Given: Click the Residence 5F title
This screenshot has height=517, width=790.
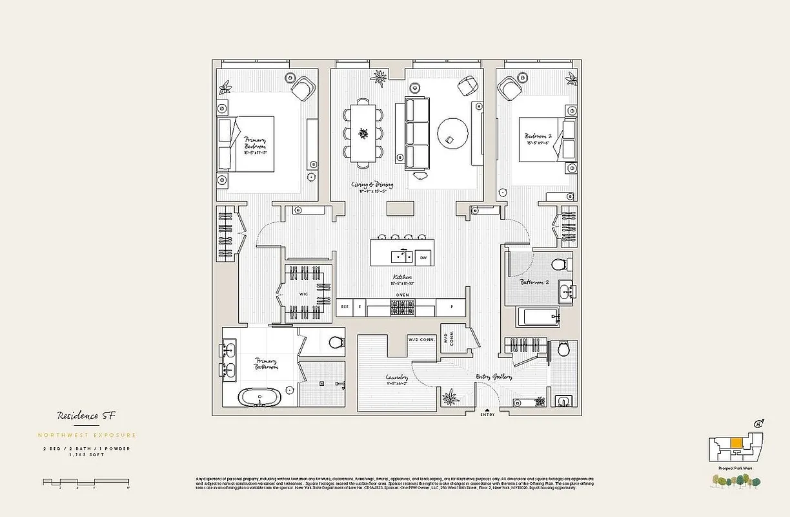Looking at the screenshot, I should (x=82, y=416).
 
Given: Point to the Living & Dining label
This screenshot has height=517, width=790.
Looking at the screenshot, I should (x=371, y=185).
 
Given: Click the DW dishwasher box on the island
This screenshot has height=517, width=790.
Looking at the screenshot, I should (x=423, y=257).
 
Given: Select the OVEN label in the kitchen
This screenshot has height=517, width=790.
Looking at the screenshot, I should (x=402, y=295).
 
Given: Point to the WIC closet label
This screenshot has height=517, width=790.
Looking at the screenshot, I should (x=304, y=294).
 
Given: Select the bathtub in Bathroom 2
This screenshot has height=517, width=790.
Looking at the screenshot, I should (x=542, y=317).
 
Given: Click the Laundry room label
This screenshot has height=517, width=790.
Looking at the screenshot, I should (x=396, y=379).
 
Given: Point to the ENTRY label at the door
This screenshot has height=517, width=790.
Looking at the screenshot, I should (x=487, y=414).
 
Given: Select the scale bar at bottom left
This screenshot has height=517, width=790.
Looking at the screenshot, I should (x=85, y=482).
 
